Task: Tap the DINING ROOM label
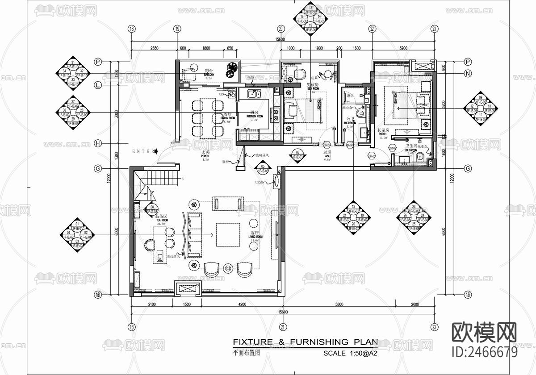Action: click(227, 118)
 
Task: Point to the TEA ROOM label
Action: click(161, 220)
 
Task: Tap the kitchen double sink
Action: click(255, 94)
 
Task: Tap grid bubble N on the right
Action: click(468, 74)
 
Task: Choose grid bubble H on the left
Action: click(98, 143)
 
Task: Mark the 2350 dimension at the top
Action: click(154, 48)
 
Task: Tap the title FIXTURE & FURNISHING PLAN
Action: click(305, 342)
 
